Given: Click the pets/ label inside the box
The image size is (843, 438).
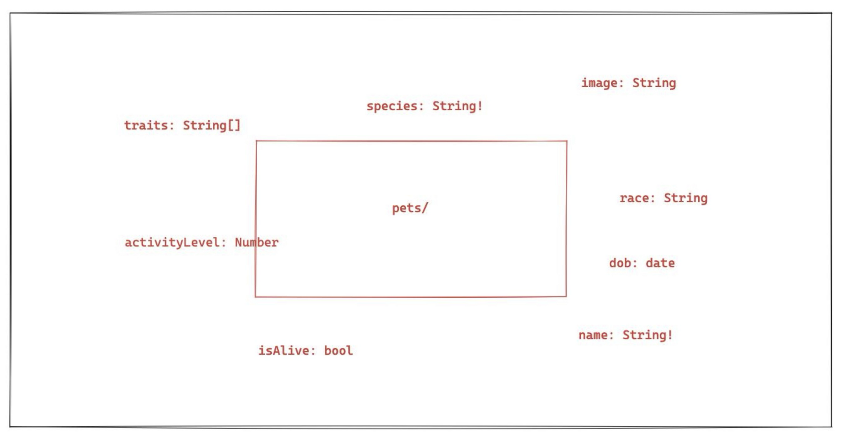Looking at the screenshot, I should point(410,208).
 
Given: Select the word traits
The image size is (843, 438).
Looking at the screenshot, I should point(146,125).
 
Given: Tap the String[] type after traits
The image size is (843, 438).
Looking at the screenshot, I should point(211,125).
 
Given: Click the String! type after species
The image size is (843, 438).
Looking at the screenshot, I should point(457,106).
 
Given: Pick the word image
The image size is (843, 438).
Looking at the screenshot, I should point(600,83).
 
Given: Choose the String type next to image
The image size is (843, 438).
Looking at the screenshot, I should point(654,83).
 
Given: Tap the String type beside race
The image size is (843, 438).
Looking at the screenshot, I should point(686,198).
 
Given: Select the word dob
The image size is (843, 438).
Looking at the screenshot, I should point(620,263).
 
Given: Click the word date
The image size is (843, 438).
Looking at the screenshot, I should point(660,263).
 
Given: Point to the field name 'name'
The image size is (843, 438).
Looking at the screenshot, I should point(593,335).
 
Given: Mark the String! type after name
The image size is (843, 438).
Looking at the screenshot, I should point(647,335).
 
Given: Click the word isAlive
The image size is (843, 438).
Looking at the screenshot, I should point(284,351).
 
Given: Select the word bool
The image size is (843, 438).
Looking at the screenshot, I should point(339,351).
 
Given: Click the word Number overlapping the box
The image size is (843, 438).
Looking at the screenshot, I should point(257,242).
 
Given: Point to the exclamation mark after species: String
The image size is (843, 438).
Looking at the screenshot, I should point(480,106).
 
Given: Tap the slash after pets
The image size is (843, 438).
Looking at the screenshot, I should point(425,208).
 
